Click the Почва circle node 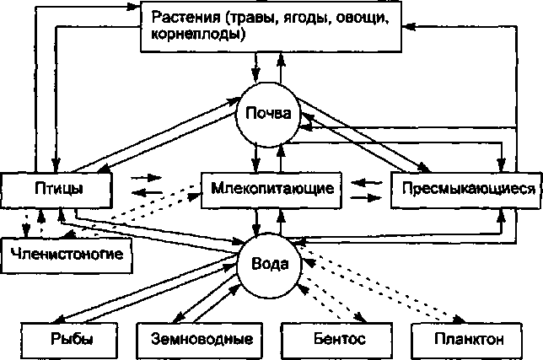[x=268, y=114]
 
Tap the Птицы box [x=56, y=188]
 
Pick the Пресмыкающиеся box [x=464, y=188]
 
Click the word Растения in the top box [x=183, y=16]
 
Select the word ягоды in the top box [x=309, y=16]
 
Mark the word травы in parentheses [x=260, y=16]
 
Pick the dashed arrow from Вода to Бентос [x=333, y=292]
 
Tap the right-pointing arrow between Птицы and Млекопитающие [x=145, y=179]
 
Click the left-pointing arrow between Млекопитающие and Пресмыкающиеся [x=365, y=180]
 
